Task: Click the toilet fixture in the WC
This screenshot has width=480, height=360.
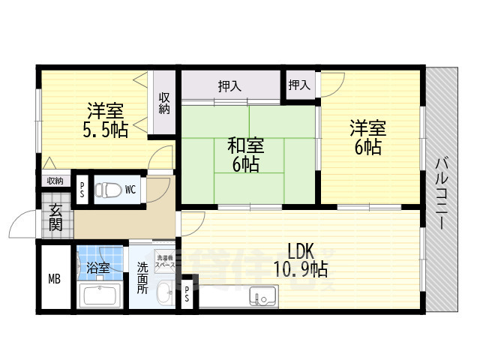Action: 107,189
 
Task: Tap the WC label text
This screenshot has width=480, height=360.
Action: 130,189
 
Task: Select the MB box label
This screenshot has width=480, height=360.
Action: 54,280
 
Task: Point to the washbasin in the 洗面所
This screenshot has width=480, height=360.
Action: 164,295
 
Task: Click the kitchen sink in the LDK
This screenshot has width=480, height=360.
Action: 263,298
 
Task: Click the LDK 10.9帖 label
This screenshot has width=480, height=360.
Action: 299,259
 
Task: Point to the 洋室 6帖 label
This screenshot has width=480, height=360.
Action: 365,138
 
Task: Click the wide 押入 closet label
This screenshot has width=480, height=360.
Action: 229,86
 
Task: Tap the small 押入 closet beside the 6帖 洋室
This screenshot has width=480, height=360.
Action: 299,85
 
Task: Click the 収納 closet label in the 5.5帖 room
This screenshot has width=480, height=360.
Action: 164,103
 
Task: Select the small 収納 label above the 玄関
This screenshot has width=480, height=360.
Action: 55,180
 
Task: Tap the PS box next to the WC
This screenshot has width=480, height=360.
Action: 82,189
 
